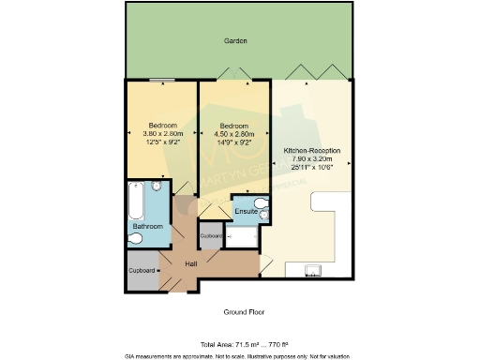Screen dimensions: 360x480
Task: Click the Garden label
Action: pos(235,42)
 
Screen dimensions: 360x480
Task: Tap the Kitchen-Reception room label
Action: pos(311,150)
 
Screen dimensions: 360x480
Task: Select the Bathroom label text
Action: pos(147,226)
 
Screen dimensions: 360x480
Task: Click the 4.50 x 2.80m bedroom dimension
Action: pos(233,135)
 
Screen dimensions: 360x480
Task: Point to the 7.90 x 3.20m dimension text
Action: pos(311,159)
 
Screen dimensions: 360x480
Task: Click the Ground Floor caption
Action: pos(240,311)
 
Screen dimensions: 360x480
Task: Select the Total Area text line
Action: pos(240,343)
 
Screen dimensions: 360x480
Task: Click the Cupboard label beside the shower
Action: pos(211,236)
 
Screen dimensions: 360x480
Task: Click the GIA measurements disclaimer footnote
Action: pos(240,355)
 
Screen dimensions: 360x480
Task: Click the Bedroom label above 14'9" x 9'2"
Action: pos(233,126)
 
